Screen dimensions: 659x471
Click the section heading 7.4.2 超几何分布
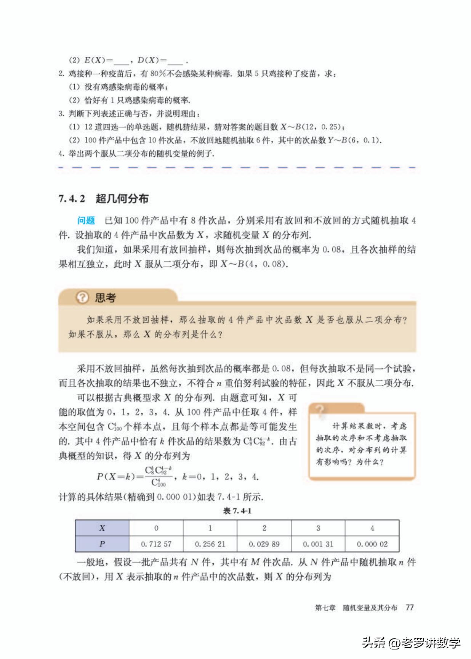(103, 199)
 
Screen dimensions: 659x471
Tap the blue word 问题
(86, 220)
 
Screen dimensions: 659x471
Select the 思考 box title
(105, 297)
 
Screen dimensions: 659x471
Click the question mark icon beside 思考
(82, 297)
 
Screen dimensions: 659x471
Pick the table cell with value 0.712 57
(156, 544)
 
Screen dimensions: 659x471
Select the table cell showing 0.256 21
(210, 544)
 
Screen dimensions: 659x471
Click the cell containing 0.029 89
(264, 544)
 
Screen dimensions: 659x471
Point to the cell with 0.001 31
(318, 544)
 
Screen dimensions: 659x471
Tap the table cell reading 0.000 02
(372, 544)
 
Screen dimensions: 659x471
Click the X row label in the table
(102, 528)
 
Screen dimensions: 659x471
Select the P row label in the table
(102, 544)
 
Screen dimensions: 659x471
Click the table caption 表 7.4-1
(237, 511)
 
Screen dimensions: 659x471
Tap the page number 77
(410, 608)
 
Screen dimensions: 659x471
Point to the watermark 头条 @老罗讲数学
(411, 643)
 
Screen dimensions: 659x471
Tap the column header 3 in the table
(318, 528)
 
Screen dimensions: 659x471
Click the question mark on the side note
(320, 411)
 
